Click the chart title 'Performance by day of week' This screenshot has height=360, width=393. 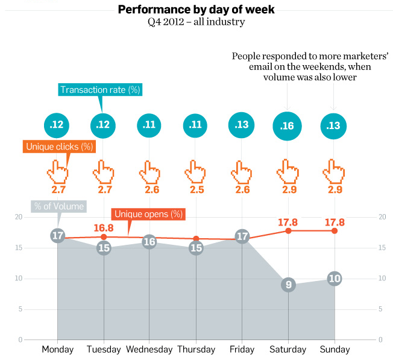[196, 9]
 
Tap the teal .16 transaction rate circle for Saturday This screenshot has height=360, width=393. [288, 125]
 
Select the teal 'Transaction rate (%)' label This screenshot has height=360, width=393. [100, 90]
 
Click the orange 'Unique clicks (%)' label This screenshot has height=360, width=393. [60, 147]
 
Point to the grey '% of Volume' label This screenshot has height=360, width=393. [58, 206]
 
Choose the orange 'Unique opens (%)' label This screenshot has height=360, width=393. [148, 214]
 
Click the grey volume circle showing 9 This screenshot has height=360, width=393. [288, 285]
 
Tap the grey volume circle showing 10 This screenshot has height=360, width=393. [335, 279]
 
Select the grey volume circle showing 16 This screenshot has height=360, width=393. [150, 242]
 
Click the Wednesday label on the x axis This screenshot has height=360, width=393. [149, 350]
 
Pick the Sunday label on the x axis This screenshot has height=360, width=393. [335, 350]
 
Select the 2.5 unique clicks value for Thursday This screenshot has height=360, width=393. [196, 190]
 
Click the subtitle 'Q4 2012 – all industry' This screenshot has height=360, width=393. [196, 22]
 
